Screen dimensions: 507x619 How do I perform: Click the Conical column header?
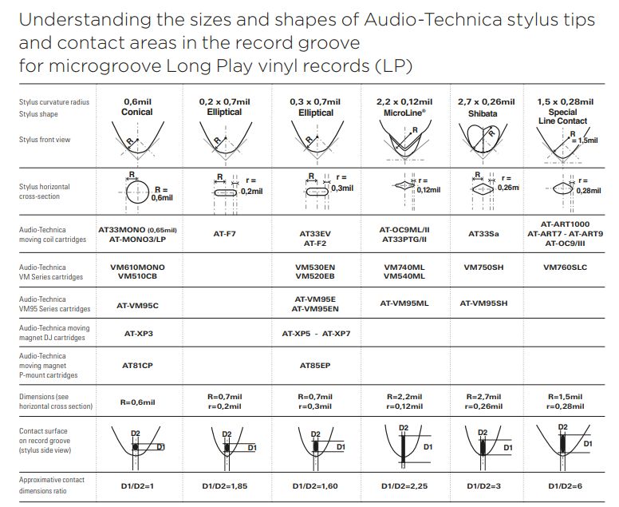[137, 113]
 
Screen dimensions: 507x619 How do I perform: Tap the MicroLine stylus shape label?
[404, 113]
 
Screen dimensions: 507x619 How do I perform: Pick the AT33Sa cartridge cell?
[483, 234]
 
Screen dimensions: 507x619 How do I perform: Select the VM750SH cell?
[485, 267]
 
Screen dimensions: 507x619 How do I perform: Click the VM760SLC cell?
[565, 267]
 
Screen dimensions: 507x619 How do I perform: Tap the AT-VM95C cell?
[137, 304]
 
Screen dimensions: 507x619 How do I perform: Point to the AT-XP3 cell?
[137, 333]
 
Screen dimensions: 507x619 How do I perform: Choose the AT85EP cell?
[315, 365]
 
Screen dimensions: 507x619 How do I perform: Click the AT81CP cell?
[137, 365]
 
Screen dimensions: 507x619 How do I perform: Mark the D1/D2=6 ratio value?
[565, 485]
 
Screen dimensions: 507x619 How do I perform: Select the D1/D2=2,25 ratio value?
[404, 485]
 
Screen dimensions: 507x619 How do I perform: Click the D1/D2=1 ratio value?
[137, 485]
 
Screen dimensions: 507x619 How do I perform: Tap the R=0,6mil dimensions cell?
[137, 402]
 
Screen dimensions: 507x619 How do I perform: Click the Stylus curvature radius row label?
[54, 102]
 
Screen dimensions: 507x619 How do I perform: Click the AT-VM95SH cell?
[484, 303]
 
